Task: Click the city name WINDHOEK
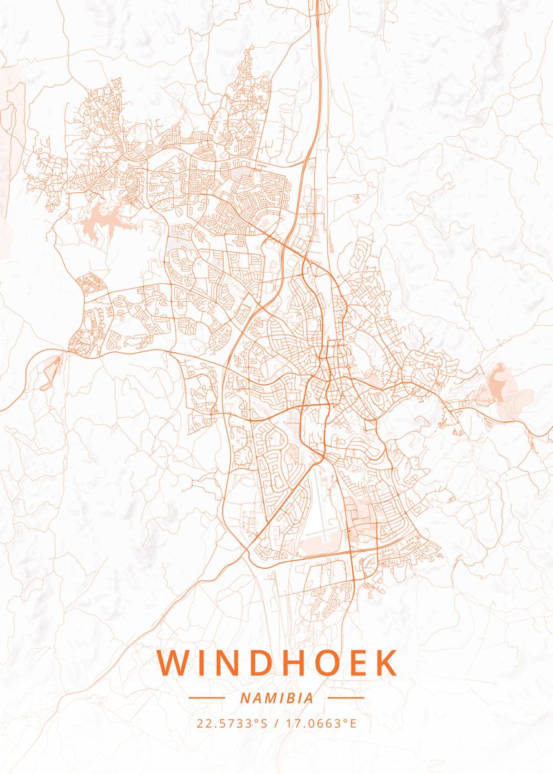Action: coord(276,663)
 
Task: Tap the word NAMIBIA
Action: coord(276,698)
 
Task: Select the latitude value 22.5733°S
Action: coord(232,723)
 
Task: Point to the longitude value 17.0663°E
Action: coord(321,723)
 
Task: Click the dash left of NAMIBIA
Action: coord(206,698)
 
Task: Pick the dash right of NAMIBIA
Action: coord(346,698)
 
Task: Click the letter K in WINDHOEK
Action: coord(385,663)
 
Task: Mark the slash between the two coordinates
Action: coord(276,723)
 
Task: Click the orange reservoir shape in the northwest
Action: coord(103,220)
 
